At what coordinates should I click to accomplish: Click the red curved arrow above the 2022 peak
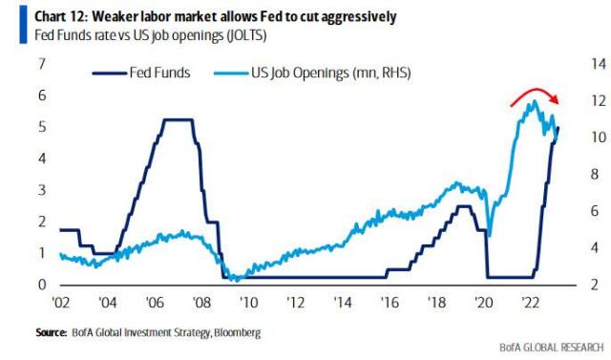tap(535, 93)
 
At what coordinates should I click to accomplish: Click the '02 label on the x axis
tap(60, 303)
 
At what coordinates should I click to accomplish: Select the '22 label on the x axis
tap(533, 303)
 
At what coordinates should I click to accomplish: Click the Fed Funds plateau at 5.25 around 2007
tap(177, 119)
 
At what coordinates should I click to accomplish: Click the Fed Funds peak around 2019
tap(464, 206)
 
